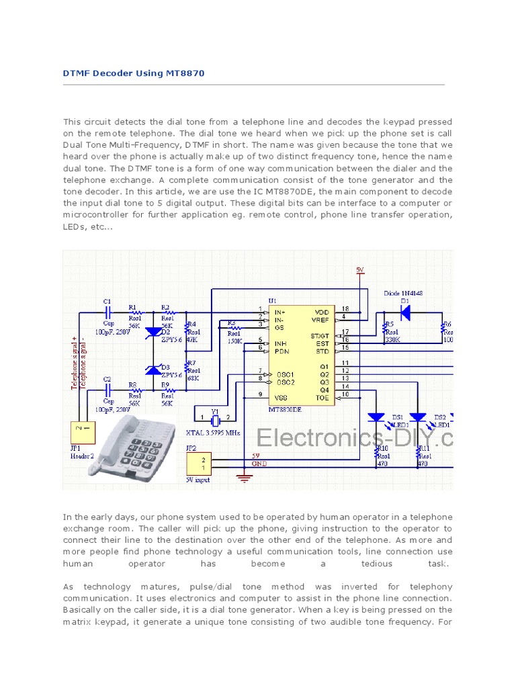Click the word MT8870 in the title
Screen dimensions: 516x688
pos(183,73)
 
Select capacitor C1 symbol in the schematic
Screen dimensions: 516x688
pos(107,312)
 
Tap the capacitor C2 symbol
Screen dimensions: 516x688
pos(107,388)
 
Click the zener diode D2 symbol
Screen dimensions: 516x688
pos(153,331)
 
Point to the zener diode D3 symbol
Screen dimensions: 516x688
pos(153,369)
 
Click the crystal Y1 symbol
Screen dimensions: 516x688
pos(214,421)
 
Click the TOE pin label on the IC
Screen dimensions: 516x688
pos(322,396)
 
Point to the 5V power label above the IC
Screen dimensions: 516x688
pos(360,270)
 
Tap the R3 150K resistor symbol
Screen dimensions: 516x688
pos(234,325)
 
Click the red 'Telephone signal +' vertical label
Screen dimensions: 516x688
pos(75,363)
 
